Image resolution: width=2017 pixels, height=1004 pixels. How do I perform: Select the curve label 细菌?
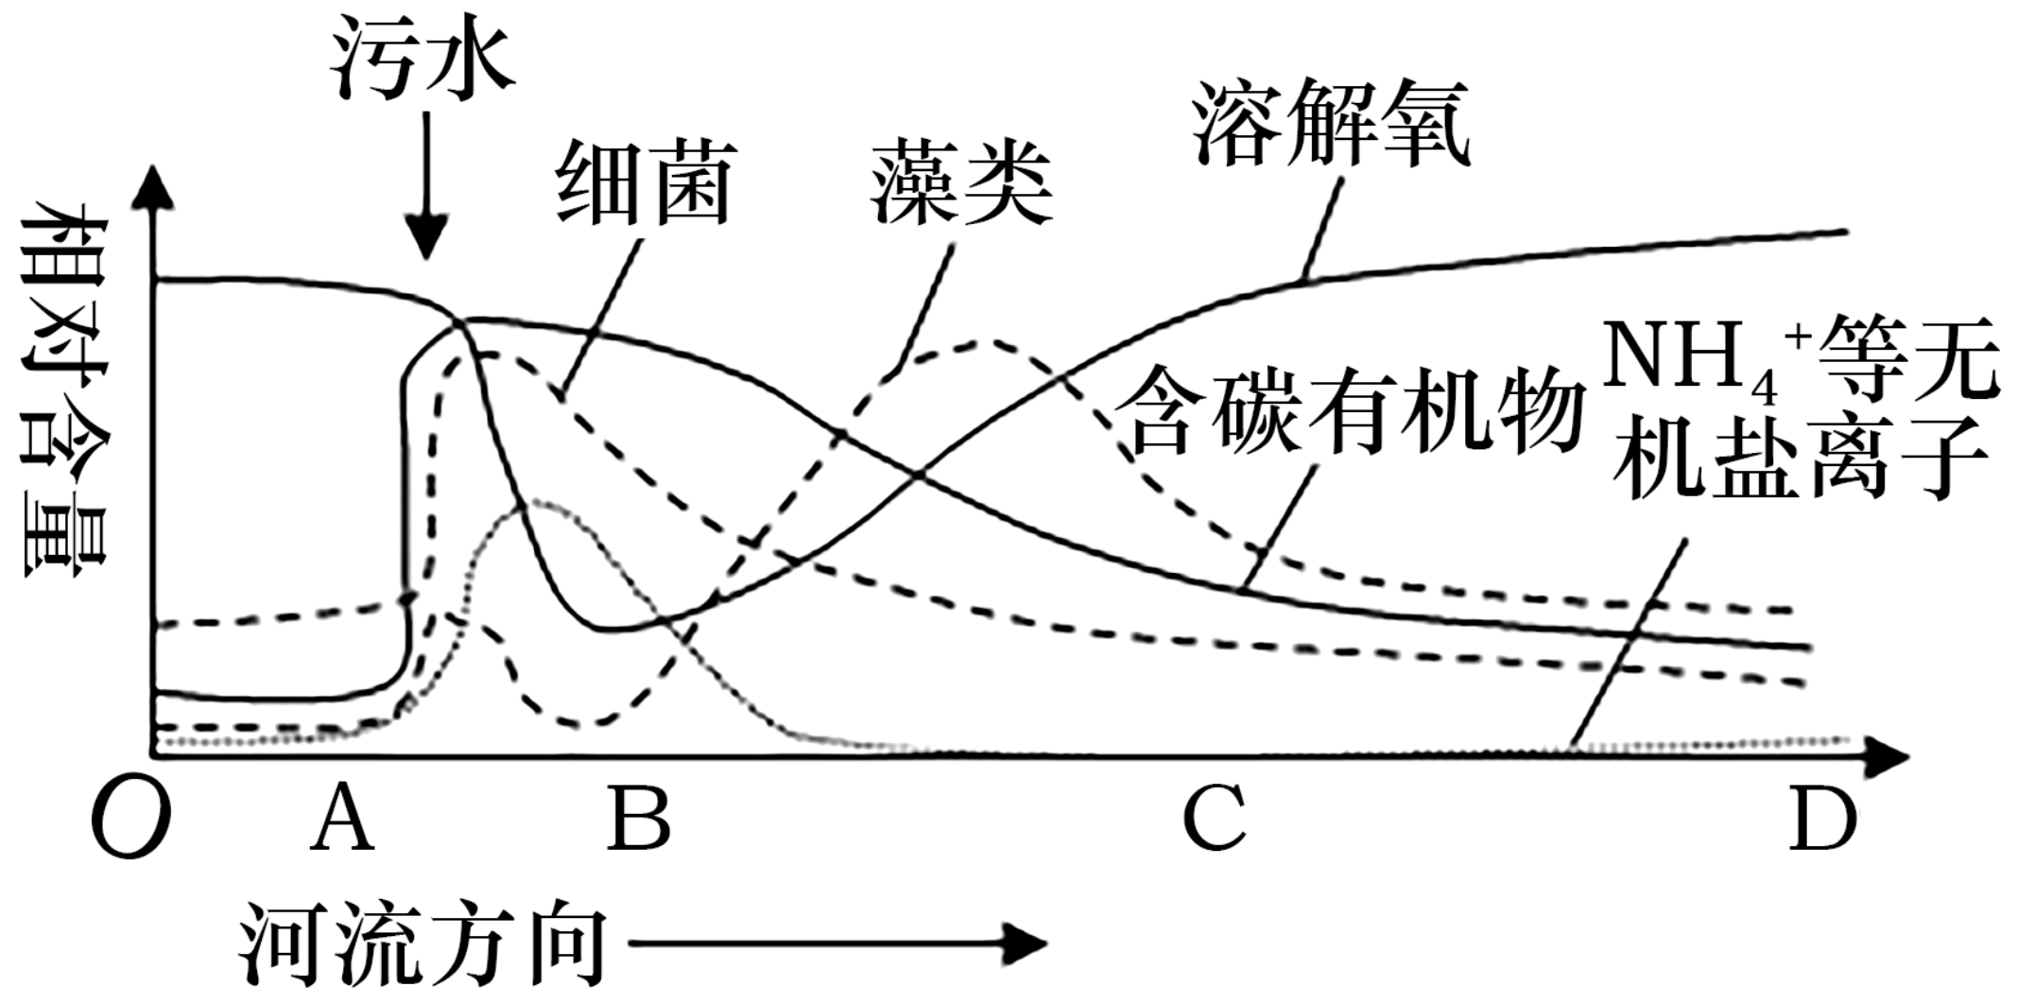tap(646, 183)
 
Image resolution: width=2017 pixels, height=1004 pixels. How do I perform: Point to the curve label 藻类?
tap(961, 183)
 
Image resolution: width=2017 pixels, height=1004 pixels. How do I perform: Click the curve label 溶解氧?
tap(1331, 124)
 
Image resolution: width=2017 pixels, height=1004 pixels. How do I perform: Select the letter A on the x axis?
tap(343, 818)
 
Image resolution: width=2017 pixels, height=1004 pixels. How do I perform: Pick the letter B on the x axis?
tap(640, 818)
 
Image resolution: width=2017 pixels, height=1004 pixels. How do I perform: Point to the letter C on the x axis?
tap(1215, 818)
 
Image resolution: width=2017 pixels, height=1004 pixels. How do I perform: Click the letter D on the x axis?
tap(1823, 818)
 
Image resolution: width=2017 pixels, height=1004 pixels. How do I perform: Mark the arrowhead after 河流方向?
tap(1026, 943)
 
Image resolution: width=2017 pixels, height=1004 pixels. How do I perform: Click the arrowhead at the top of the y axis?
tap(154, 189)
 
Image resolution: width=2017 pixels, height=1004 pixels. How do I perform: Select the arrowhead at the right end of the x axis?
tap(1886, 757)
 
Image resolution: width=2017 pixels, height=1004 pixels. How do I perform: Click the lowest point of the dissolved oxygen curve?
tap(610, 628)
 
